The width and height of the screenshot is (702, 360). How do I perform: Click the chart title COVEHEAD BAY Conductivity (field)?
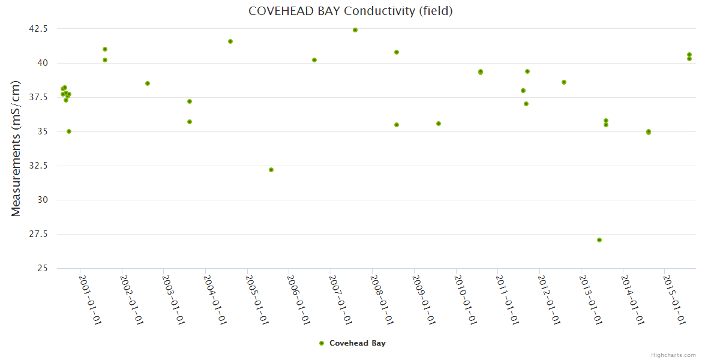350,11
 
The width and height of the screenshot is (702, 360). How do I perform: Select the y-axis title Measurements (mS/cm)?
16,148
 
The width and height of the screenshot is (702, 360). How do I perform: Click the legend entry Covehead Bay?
357,343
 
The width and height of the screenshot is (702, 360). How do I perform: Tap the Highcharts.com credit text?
673,355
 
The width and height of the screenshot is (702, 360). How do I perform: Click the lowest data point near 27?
599,240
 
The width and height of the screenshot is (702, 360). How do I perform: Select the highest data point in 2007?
355,30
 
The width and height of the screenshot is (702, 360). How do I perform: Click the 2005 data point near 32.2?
271,170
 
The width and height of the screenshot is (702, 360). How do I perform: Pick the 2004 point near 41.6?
230,41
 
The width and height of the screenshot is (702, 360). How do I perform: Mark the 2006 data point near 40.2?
314,60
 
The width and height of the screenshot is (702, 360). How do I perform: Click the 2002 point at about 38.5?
148,83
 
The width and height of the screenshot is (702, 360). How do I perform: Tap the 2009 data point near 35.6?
439,124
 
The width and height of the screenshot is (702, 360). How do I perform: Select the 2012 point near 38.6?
564,82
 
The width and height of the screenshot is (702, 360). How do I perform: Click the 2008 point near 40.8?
397,52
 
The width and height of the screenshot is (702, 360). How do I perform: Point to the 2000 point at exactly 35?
69,131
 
